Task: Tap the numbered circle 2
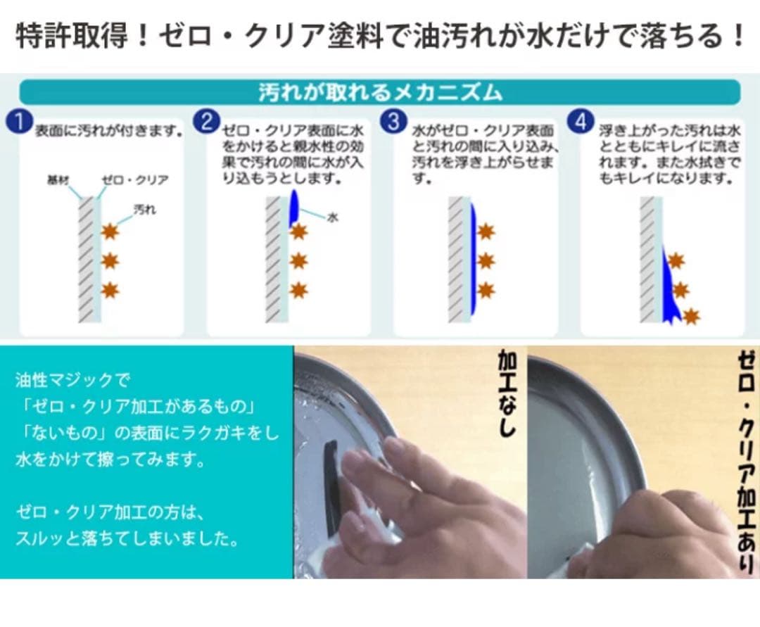point(206,122)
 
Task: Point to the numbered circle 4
point(581,122)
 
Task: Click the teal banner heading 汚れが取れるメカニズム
point(380,92)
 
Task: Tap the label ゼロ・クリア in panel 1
point(135,180)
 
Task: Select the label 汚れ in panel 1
point(145,210)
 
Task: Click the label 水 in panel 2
point(332,217)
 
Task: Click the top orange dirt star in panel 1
point(110,231)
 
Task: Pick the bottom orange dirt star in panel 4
point(691,316)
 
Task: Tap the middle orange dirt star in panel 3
point(486,261)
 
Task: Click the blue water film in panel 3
point(473,260)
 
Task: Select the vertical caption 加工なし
point(507,394)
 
